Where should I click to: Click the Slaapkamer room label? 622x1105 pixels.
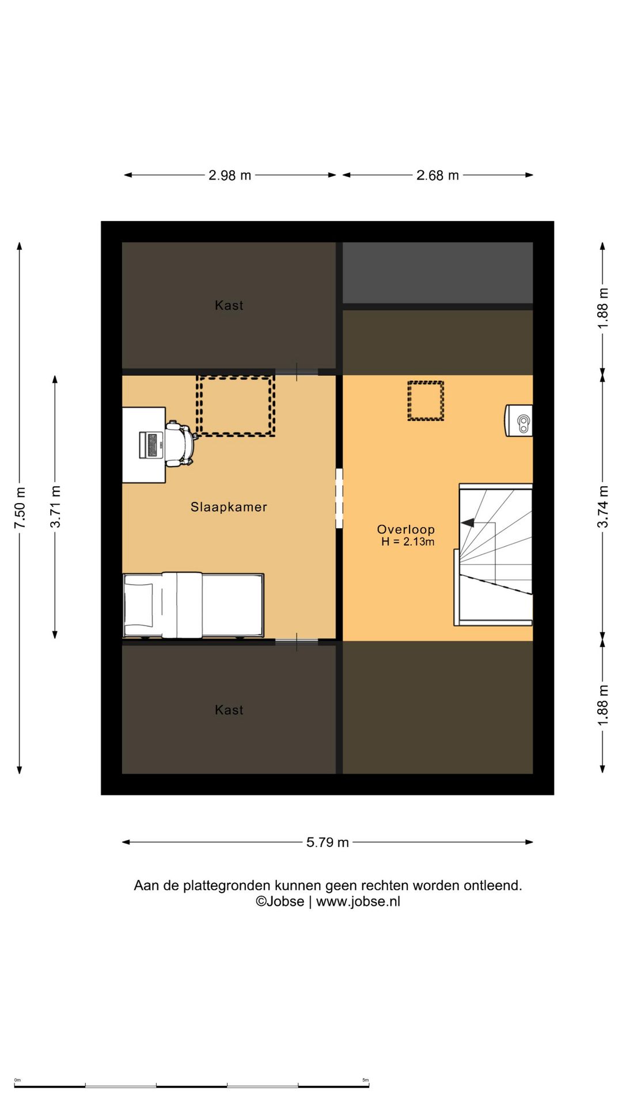coord(229,507)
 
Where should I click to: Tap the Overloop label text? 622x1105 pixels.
coord(406,529)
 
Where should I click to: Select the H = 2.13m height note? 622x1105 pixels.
coord(408,542)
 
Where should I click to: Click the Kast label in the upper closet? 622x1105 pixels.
coord(229,306)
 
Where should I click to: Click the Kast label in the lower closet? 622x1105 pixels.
coord(229,710)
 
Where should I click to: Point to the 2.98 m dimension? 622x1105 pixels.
coord(230,176)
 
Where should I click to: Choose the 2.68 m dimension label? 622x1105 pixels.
coord(438,176)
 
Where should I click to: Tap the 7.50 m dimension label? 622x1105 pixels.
coord(20,508)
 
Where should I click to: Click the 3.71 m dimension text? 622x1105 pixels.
coord(55,507)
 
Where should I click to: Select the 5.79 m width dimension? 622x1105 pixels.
coord(328,843)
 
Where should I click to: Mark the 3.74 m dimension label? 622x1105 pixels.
coord(602,507)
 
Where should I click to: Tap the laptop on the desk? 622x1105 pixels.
coord(151,445)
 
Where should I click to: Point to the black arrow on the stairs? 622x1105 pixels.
coord(467,523)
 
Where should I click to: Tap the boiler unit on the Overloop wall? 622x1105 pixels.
coord(519,421)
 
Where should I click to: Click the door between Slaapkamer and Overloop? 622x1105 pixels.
coord(339,498)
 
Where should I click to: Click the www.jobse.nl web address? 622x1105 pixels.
coord(358,902)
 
